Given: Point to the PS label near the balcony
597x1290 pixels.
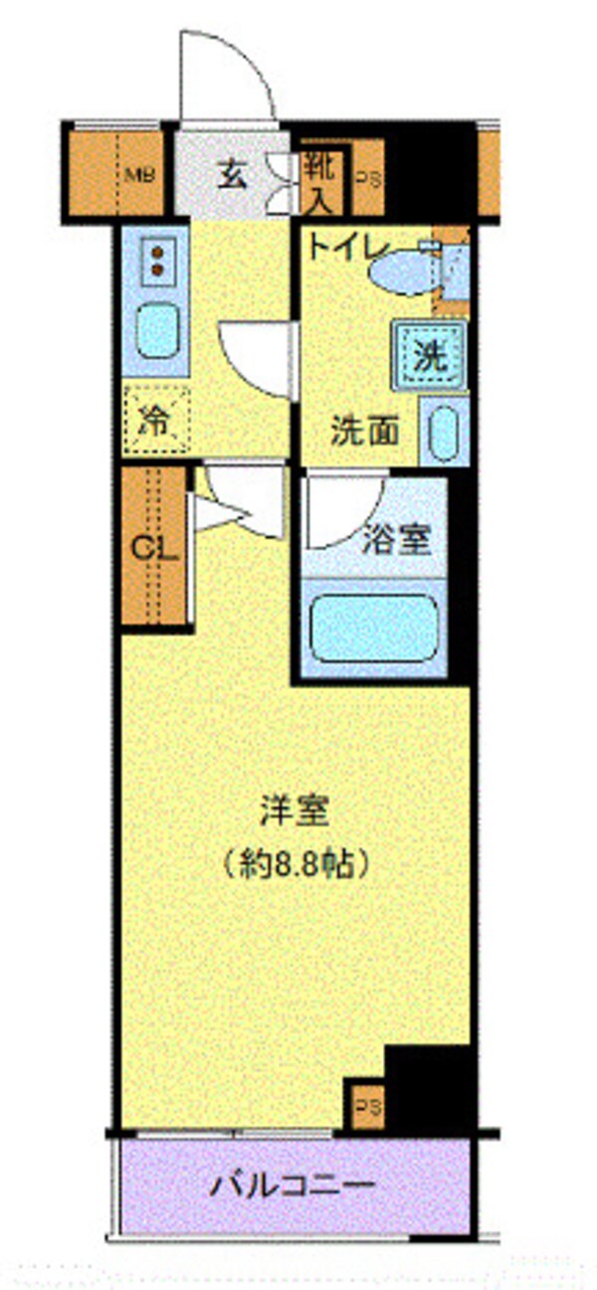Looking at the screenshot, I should pyautogui.click(x=367, y=1105).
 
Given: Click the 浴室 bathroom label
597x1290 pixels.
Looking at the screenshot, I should pyautogui.click(x=395, y=542).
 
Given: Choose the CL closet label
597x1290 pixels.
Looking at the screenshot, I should pyautogui.click(x=154, y=548).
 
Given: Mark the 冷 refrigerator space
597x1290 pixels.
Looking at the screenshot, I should pyautogui.click(x=155, y=420).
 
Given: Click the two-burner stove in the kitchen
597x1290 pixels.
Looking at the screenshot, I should pyautogui.click(x=156, y=258).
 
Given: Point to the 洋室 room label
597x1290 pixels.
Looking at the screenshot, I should pyautogui.click(x=294, y=811).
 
